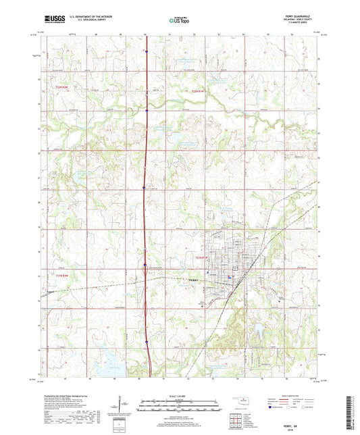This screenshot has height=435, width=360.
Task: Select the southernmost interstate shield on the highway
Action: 147,342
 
